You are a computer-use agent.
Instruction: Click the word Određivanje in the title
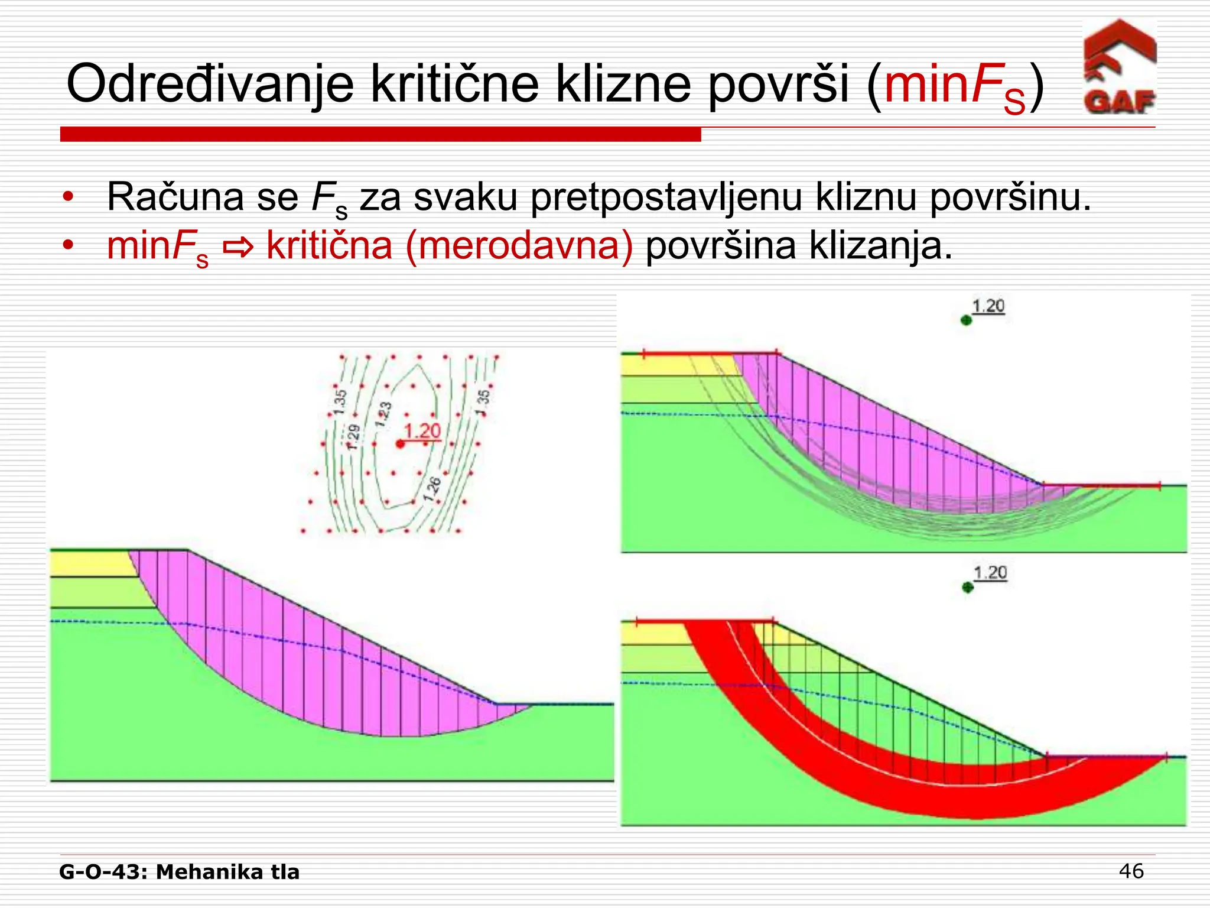point(210,85)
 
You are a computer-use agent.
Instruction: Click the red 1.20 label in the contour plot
point(422,431)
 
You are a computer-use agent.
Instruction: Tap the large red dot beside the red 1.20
point(400,443)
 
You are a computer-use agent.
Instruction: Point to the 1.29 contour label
point(353,437)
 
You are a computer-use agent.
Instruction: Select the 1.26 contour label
point(432,489)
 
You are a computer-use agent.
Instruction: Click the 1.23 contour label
point(383,414)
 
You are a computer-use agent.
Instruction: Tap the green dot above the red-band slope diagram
point(967,588)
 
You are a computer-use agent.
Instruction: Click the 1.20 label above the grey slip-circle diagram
point(988,306)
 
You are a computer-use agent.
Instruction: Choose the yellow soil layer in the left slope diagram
point(89,564)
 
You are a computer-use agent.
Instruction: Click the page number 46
point(1131,871)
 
